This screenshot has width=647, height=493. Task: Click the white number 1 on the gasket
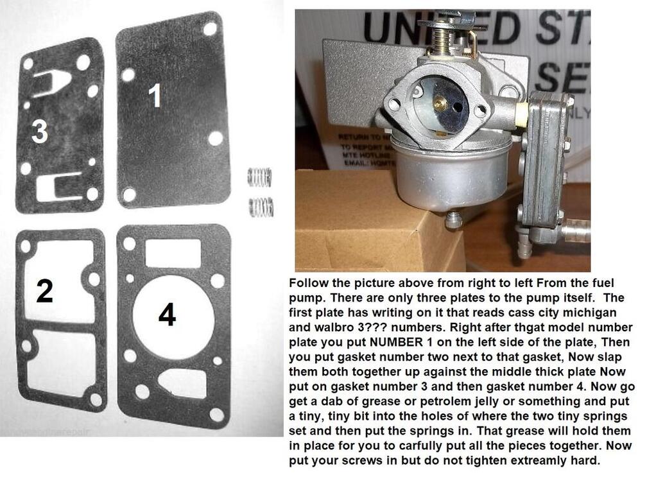(155, 96)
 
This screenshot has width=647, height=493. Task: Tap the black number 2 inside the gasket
(44, 292)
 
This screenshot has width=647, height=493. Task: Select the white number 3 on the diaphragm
(40, 132)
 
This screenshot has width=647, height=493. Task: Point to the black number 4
(167, 315)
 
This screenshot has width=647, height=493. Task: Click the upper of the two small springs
(260, 177)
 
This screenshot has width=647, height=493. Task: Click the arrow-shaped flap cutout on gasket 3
(51, 82)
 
